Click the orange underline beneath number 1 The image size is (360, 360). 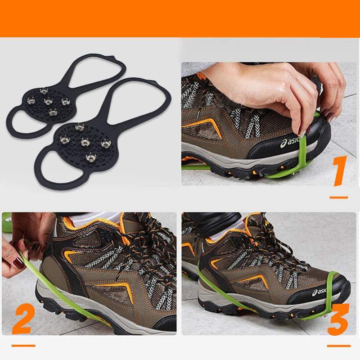coord(338,197)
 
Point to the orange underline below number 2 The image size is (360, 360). coord(23,346)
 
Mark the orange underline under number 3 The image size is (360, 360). coord(338,346)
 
